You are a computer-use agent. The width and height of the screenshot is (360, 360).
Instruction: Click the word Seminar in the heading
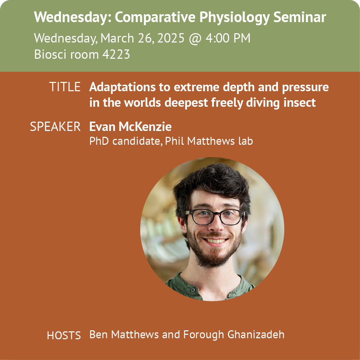click(x=300, y=17)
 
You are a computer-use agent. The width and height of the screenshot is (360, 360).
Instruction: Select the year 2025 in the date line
click(x=171, y=38)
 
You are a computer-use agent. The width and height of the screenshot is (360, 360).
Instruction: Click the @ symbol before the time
click(x=195, y=39)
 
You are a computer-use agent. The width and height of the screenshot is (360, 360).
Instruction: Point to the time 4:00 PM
click(x=228, y=38)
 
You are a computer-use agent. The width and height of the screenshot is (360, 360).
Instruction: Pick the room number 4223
click(x=116, y=54)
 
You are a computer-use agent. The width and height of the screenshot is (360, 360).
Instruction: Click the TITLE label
click(x=65, y=87)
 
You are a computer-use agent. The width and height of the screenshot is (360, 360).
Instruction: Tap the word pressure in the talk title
click(x=305, y=87)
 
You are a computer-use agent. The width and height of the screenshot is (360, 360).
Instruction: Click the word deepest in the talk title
click(x=186, y=103)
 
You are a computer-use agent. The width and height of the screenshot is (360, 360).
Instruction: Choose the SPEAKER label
click(x=55, y=126)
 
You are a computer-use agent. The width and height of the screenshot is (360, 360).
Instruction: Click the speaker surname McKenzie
click(x=145, y=126)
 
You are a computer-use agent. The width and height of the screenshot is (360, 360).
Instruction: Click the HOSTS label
click(x=64, y=335)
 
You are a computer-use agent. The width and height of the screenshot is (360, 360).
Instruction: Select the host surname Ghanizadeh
click(x=256, y=334)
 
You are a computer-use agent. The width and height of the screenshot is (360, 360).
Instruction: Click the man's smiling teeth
click(x=215, y=241)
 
